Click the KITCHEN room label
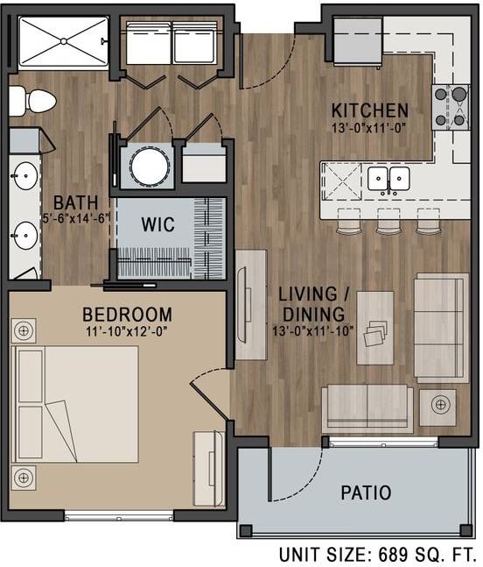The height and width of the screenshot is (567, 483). [x=369, y=110]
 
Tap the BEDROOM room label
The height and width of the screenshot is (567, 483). [x=127, y=315]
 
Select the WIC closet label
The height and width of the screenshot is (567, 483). [x=157, y=224]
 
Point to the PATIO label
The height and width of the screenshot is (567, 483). [x=365, y=493]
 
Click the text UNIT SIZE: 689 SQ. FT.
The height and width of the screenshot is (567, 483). [x=379, y=555]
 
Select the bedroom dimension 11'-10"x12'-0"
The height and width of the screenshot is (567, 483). [x=127, y=331]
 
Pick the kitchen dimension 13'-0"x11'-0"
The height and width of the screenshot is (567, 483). [x=369, y=127]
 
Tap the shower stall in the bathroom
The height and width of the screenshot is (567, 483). [x=62, y=43]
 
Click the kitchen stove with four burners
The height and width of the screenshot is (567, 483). [x=450, y=107]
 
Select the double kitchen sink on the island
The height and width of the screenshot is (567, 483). [x=388, y=179]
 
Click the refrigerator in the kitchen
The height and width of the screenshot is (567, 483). [x=357, y=41]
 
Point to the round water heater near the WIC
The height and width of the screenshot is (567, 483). [x=145, y=165]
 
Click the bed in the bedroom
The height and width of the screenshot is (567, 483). [x=76, y=403]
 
